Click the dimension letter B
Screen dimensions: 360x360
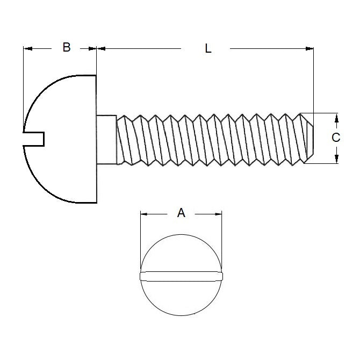66,47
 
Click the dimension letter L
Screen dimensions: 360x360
208,48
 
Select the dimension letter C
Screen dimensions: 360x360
336,138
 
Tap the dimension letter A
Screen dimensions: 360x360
181,213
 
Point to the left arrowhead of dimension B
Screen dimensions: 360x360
27,48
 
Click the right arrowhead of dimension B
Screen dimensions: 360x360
92,48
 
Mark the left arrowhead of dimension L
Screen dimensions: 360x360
101,48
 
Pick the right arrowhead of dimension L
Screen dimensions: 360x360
309,48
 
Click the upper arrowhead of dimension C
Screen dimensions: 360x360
336,117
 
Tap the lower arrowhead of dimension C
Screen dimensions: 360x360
336,159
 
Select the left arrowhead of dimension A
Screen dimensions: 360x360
143,214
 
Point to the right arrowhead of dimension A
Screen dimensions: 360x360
218,214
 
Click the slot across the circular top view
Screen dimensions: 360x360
181,276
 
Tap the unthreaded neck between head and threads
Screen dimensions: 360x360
106,139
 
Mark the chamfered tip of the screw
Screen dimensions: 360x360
307,138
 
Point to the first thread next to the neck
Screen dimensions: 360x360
125,139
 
